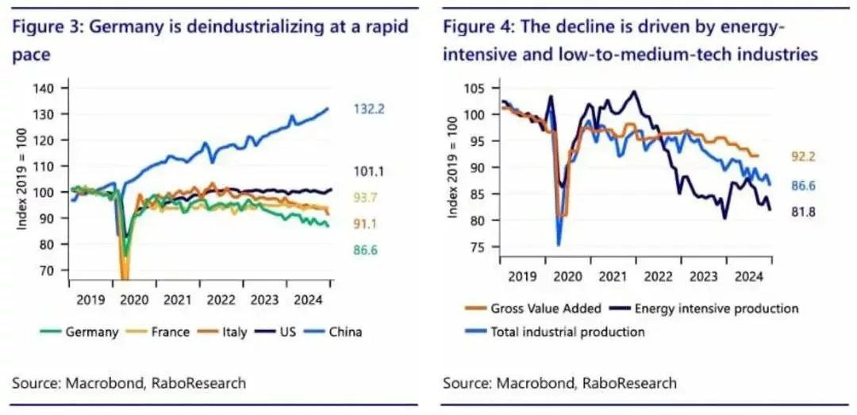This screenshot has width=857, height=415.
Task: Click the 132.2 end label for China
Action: (x=370, y=109)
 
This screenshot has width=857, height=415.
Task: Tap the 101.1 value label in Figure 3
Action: (x=370, y=170)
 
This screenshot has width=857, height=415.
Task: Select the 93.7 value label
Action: (x=370, y=198)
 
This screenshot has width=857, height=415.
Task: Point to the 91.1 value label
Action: (x=370, y=225)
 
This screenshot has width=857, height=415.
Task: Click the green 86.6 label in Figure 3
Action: (x=370, y=252)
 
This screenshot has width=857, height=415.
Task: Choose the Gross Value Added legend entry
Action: (x=536, y=308)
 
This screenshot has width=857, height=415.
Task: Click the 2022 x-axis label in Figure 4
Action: (x=658, y=277)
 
